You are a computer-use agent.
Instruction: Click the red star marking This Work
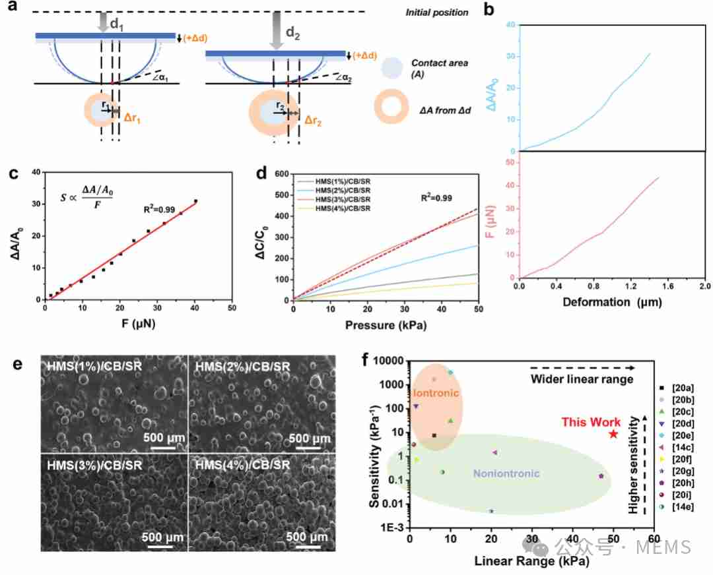pyautogui.click(x=613, y=434)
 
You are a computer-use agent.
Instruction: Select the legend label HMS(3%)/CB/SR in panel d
pyautogui.click(x=343, y=199)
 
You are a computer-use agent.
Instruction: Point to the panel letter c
pyautogui.click(x=14, y=173)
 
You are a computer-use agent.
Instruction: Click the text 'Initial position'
pyautogui.click(x=437, y=13)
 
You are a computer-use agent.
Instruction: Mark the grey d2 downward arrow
pyautogui.click(x=276, y=30)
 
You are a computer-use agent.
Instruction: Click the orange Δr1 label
pyautogui.click(x=132, y=119)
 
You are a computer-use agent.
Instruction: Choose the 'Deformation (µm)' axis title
pyautogui.click(x=612, y=302)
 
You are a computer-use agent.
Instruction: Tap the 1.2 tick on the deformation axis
pyautogui.click(x=630, y=286)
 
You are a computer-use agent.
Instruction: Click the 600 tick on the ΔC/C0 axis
pyautogui.click(x=282, y=174)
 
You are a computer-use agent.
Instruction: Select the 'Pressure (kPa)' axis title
pyautogui.click(x=386, y=325)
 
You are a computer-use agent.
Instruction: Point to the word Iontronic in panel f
pyautogui.click(x=434, y=393)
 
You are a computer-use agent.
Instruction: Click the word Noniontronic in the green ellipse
pyautogui.click(x=506, y=473)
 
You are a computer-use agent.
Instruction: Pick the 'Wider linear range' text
pyautogui.click(x=582, y=379)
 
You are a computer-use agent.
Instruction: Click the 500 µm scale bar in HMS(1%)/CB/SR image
pyautogui.click(x=163, y=448)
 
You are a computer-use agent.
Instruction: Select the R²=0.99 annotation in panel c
pyautogui.click(x=159, y=210)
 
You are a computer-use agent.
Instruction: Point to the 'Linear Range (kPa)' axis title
pyautogui.click(x=531, y=561)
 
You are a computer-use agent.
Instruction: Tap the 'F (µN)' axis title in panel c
pyautogui.click(x=138, y=324)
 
